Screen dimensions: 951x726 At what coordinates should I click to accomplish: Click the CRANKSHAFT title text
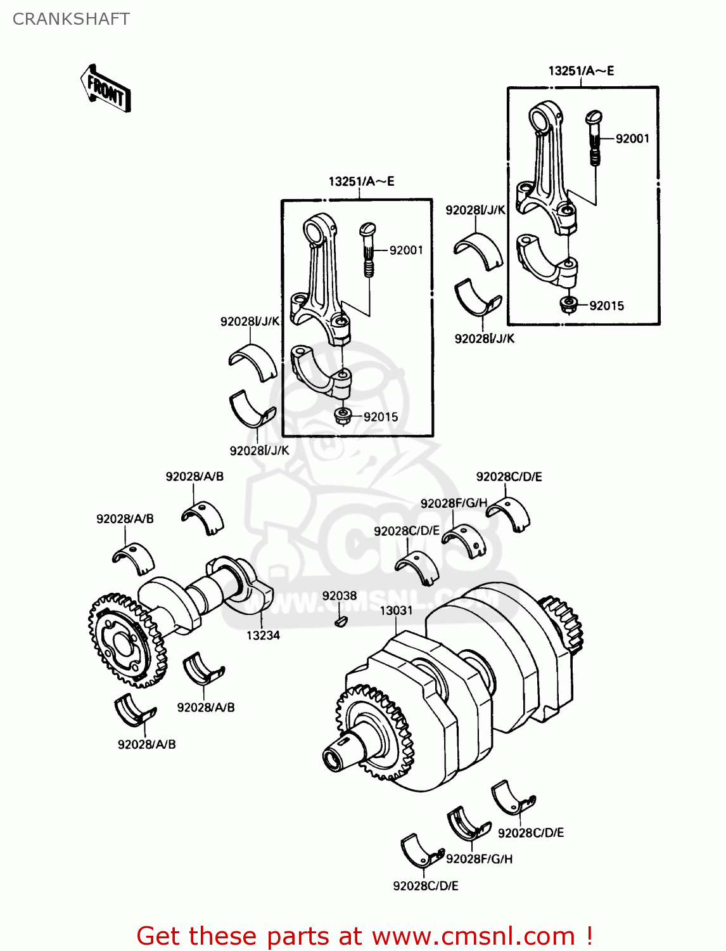click(x=71, y=19)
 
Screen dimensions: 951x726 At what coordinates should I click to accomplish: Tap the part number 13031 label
click(x=396, y=611)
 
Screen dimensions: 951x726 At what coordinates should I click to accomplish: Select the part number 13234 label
click(x=263, y=635)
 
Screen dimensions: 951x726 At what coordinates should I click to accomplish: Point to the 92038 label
click(x=340, y=596)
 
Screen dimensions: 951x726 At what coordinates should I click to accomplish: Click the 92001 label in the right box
click(x=632, y=139)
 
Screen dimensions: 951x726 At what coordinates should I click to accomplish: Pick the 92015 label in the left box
click(x=381, y=417)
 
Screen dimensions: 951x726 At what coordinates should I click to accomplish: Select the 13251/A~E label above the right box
click(x=581, y=71)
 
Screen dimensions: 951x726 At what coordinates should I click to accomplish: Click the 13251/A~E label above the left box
click(x=361, y=181)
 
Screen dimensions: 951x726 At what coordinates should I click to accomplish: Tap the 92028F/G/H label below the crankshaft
click(x=479, y=859)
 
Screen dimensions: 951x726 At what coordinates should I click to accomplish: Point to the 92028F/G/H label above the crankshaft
click(x=454, y=503)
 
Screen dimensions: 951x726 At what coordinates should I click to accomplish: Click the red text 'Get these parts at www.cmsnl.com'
click(x=364, y=936)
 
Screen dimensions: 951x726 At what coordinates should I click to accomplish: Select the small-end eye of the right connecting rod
click(x=542, y=119)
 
